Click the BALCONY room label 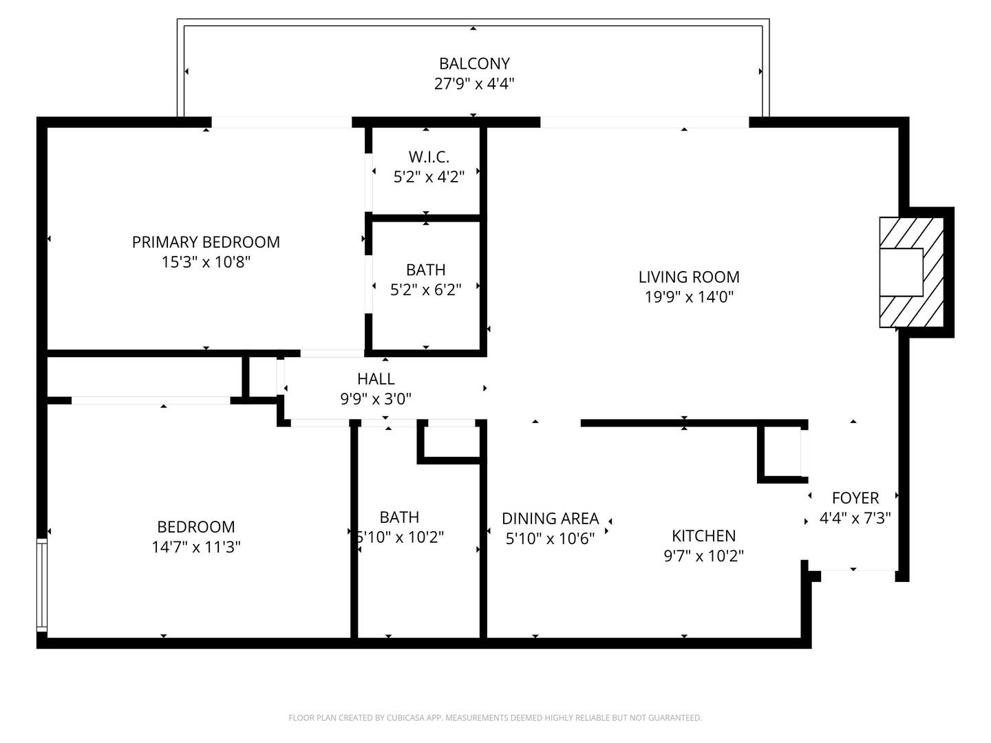(474, 63)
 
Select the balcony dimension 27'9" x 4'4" (474, 84)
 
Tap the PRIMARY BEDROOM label (206, 242)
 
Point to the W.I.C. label (429, 157)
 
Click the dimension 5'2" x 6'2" (425, 290)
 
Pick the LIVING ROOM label (689, 277)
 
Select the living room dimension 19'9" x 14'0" (689, 297)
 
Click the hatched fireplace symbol (911, 272)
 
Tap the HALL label (376, 378)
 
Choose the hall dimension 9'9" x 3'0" (376, 399)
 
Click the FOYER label (855, 497)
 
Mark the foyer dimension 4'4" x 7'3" (855, 518)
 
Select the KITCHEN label (703, 535)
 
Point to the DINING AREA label (550, 518)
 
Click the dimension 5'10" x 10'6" (550, 539)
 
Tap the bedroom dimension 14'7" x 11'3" (196, 548)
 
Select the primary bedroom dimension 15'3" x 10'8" (206, 262)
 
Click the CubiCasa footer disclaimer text (495, 718)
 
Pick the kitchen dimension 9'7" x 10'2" (703, 556)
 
